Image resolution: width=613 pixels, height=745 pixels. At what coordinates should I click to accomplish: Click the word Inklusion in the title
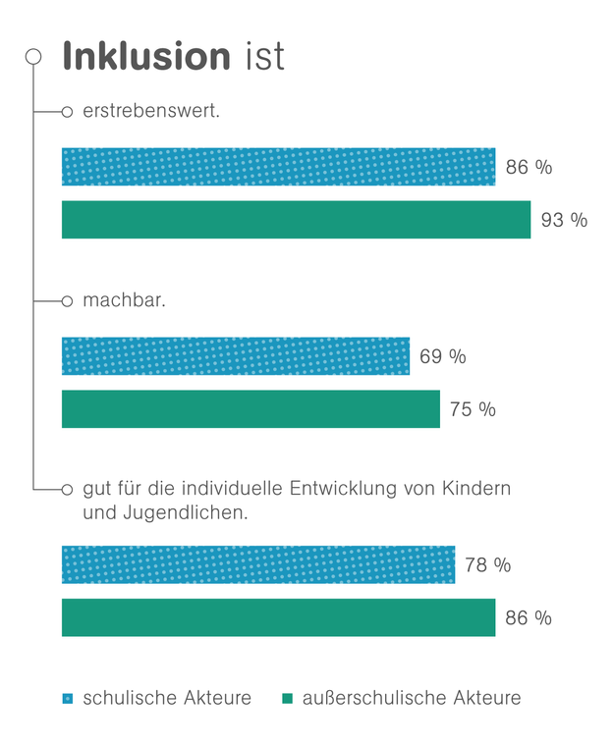[x=145, y=56]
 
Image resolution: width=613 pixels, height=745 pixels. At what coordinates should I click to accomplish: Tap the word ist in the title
[x=264, y=56]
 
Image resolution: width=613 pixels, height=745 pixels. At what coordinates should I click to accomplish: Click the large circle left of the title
[x=33, y=57]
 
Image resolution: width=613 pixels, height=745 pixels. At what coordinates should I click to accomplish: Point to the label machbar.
[x=124, y=300]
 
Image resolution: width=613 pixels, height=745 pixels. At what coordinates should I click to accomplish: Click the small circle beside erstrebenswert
[x=67, y=112]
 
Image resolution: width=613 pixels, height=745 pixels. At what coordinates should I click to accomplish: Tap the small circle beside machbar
[x=67, y=301]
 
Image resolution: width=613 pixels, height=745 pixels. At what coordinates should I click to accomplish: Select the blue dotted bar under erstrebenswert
[x=278, y=167]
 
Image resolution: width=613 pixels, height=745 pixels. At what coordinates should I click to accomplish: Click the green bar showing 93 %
[x=296, y=220]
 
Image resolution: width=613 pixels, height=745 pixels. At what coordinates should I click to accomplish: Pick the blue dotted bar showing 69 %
[x=235, y=356]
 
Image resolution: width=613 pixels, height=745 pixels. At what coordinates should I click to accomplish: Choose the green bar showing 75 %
[x=251, y=409]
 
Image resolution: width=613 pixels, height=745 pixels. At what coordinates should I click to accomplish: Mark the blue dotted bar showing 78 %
[x=257, y=565]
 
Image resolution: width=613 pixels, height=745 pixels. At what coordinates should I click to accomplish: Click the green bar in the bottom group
[x=278, y=617]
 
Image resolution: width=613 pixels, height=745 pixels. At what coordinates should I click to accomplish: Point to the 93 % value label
[x=564, y=220]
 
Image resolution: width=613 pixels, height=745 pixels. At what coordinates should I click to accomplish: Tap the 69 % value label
[x=442, y=356]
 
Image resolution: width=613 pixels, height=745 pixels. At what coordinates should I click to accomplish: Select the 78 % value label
[x=487, y=565]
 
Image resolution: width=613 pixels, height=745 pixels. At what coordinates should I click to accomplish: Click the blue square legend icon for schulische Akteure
[x=68, y=699]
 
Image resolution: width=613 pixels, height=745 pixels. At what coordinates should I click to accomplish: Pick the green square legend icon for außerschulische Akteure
[x=287, y=699]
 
